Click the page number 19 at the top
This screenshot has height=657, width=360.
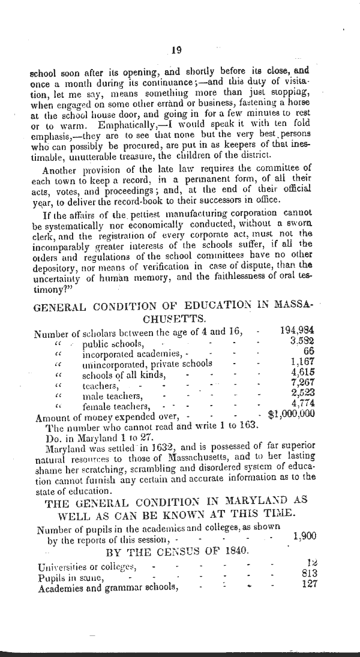pyautogui.click(x=176, y=51)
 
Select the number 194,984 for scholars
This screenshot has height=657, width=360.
pyautogui.click(x=298, y=330)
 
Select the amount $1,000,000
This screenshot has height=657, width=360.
pyautogui.click(x=292, y=413)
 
